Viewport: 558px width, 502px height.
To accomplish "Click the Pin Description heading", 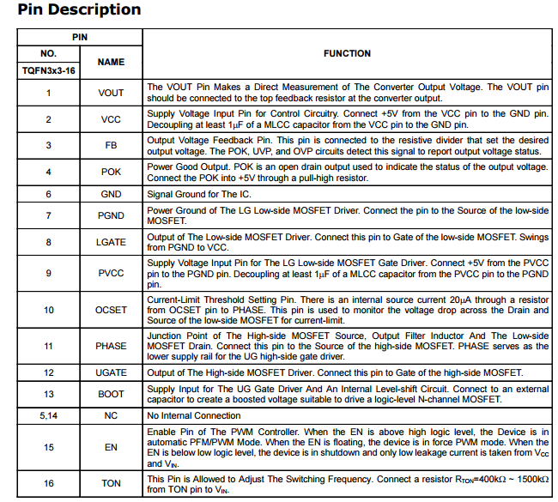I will click(79, 11).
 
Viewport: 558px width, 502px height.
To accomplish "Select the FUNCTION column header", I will click(347, 53).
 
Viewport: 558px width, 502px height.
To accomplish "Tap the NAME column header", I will click(111, 62).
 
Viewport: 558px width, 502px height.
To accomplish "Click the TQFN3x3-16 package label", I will click(48, 70).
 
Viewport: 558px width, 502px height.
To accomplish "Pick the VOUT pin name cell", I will click(111, 93).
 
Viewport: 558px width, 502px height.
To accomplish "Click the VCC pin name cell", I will click(111, 119).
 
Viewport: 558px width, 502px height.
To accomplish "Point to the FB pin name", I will click(111, 146).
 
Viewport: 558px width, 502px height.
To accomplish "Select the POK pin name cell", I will click(111, 172).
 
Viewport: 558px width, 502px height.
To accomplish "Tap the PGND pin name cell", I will click(111, 215).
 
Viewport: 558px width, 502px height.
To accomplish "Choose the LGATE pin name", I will click(111, 243).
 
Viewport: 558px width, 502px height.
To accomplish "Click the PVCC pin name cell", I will click(111, 274).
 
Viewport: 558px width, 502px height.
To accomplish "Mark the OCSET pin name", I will click(111, 310).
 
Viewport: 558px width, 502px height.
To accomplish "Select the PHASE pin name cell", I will click(111, 346).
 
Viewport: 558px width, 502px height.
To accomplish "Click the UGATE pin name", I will click(111, 372).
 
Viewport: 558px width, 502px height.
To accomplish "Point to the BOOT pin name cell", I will click(111, 394).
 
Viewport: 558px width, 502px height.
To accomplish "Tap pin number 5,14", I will click(48, 415).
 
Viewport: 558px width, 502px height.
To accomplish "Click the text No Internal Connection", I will click(193, 415).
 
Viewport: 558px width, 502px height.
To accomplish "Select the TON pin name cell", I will click(111, 483).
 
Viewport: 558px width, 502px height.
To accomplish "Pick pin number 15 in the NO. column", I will click(48, 447).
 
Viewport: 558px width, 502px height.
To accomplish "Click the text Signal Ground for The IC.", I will click(198, 195).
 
